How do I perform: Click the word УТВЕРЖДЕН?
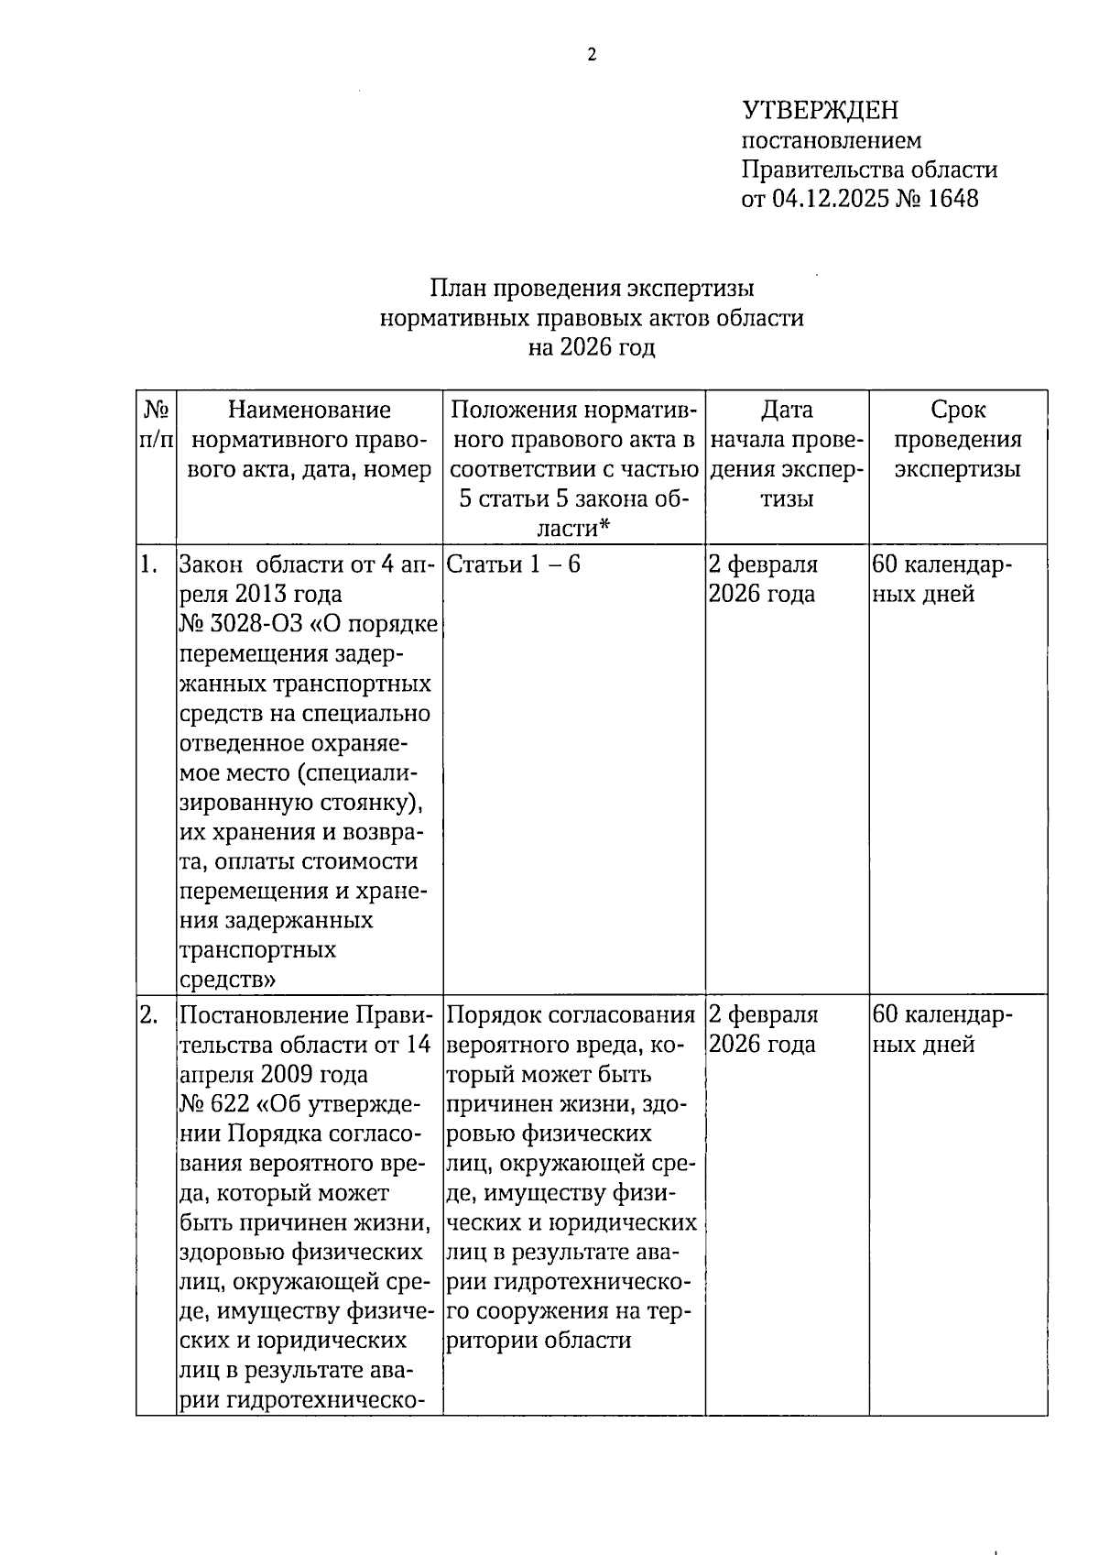point(820,111)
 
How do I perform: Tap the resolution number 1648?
point(952,199)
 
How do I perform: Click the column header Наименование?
point(309,411)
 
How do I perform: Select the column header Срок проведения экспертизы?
point(957,440)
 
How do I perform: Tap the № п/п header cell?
point(156,425)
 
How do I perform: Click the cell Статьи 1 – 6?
point(514,564)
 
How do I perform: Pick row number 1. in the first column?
point(148,564)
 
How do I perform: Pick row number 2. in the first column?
point(149,1015)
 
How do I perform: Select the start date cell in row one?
point(763,579)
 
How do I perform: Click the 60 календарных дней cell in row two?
point(942,1030)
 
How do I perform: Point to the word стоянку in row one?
point(363,803)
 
